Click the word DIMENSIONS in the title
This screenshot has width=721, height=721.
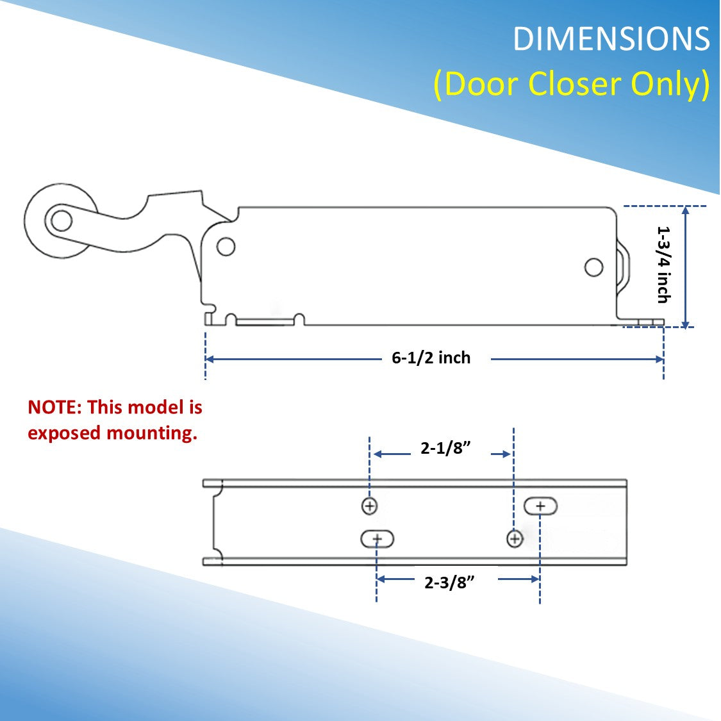(611, 40)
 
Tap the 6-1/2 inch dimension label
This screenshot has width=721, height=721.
(431, 358)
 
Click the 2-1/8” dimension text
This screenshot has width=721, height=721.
(446, 448)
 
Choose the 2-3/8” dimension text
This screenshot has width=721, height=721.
(449, 583)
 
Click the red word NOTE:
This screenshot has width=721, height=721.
(55, 408)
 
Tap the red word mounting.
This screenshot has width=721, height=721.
(152, 433)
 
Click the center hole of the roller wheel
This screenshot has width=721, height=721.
(62, 221)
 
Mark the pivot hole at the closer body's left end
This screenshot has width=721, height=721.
(226, 247)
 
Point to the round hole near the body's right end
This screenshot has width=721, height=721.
(594, 267)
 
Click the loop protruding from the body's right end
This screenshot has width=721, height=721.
(624, 269)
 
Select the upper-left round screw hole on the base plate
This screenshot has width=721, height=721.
(369, 506)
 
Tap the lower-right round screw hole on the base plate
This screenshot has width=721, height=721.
(514, 539)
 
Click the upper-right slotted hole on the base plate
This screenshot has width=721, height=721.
(540, 506)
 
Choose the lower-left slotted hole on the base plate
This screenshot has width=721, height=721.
(377, 540)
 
